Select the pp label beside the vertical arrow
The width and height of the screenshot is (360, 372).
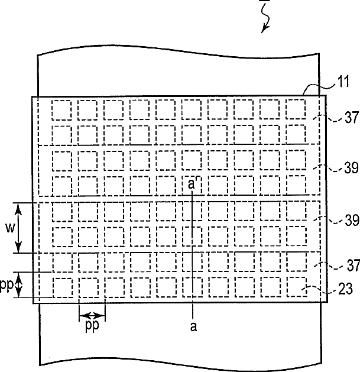pyautogui.click(x=7, y=285)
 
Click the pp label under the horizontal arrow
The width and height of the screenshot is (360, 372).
pyautogui.click(x=91, y=326)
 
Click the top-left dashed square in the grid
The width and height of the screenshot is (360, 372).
pyautogui.click(x=61, y=109)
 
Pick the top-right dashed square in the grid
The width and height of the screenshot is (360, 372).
pyautogui.click(x=296, y=109)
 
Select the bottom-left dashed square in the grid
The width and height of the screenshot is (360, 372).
pyautogui.click(x=61, y=287)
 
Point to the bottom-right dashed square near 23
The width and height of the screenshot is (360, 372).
pyautogui.click(x=296, y=287)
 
